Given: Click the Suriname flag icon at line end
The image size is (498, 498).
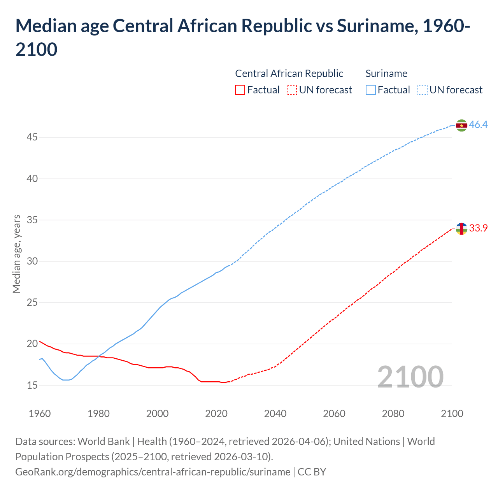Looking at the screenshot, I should [x=461, y=125].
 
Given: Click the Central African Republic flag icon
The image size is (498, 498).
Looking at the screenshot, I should [x=461, y=229].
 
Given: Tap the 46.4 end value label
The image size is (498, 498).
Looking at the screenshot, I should [x=478, y=125].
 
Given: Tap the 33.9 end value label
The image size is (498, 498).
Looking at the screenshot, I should [x=478, y=228].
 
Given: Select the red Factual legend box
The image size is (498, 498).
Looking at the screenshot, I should [x=240, y=90].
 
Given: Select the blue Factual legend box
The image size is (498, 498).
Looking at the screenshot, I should [x=371, y=90].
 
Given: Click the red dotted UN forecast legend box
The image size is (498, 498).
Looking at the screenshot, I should [x=292, y=90].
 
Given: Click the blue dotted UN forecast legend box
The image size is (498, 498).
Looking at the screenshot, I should [x=422, y=90].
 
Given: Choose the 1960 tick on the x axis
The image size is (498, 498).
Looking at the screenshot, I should [x=40, y=414].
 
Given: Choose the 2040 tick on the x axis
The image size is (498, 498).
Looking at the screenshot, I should [x=275, y=414].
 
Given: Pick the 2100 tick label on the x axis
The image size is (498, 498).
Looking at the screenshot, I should [x=452, y=414].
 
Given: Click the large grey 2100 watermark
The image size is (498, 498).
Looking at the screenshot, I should [x=410, y=377].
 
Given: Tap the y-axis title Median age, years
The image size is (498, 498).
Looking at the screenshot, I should [x=16, y=254].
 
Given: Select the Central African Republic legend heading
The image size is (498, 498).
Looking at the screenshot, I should [x=289, y=74].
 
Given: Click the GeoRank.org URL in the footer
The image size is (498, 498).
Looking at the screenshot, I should [x=153, y=472].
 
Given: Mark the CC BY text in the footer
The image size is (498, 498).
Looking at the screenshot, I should [x=312, y=472].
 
